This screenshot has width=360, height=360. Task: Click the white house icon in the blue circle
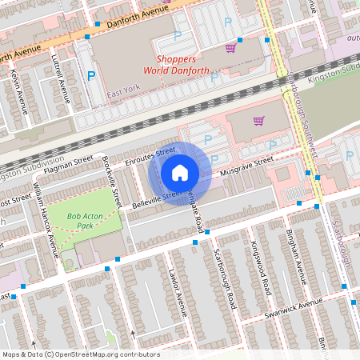180,172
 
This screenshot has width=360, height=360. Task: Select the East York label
122,94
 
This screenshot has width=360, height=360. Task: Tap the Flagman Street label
68,166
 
